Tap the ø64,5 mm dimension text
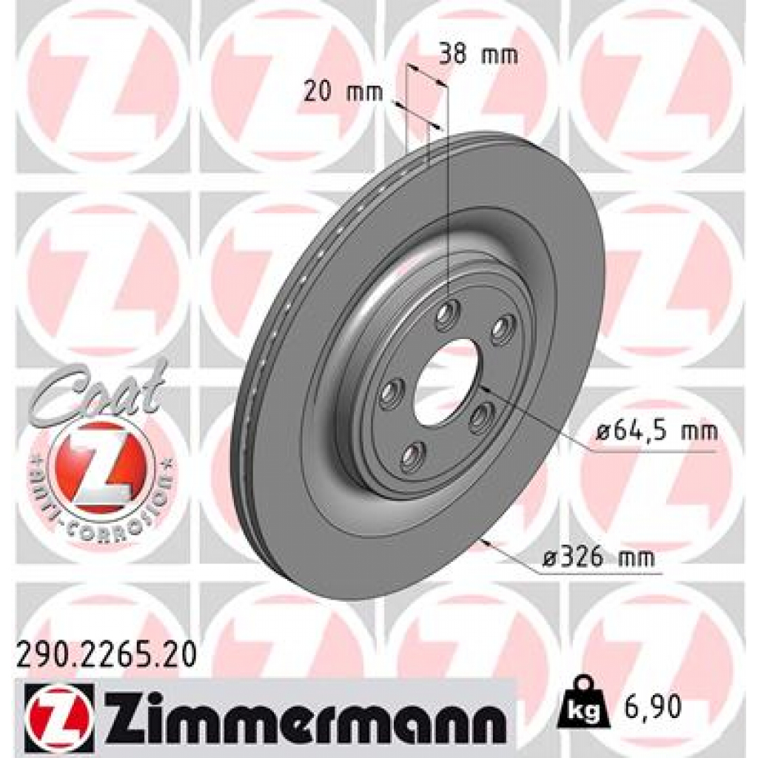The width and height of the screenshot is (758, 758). [x=656, y=429]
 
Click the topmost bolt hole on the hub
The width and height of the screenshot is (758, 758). [x=447, y=318]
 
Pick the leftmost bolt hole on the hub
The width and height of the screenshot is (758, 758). [x=390, y=394]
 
